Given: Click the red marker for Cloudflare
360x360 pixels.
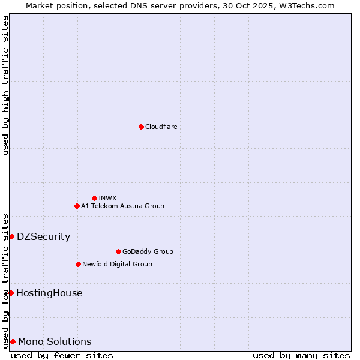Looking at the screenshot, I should click(141, 127).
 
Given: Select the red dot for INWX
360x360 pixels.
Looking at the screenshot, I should click(94, 198).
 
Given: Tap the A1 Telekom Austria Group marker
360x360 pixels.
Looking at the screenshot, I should click(77, 206).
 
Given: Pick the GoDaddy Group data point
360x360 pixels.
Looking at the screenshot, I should click(118, 251).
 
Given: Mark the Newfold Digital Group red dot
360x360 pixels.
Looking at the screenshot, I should click(78, 264).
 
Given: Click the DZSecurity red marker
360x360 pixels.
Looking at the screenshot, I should click(11, 236).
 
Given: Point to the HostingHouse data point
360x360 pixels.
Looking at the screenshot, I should click(11, 293).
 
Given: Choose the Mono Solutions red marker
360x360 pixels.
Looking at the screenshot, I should click(13, 341).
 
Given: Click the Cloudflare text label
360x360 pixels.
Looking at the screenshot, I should click(161, 127).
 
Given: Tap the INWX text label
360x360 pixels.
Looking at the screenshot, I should click(107, 198).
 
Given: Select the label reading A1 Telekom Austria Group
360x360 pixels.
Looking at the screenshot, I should click(122, 206).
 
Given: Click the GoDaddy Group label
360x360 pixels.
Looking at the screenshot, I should click(148, 251).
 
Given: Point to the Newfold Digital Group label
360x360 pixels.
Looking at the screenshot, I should click(117, 264).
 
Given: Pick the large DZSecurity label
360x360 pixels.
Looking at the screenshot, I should click(43, 236).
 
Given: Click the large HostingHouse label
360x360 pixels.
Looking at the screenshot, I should click(49, 293).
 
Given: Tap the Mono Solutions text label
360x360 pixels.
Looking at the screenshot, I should click(55, 341).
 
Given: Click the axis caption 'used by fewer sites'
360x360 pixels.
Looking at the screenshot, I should click(62, 355).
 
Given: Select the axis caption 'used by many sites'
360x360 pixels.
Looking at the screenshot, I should click(301, 355).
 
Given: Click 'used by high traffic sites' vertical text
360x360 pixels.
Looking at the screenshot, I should click(5, 85).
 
